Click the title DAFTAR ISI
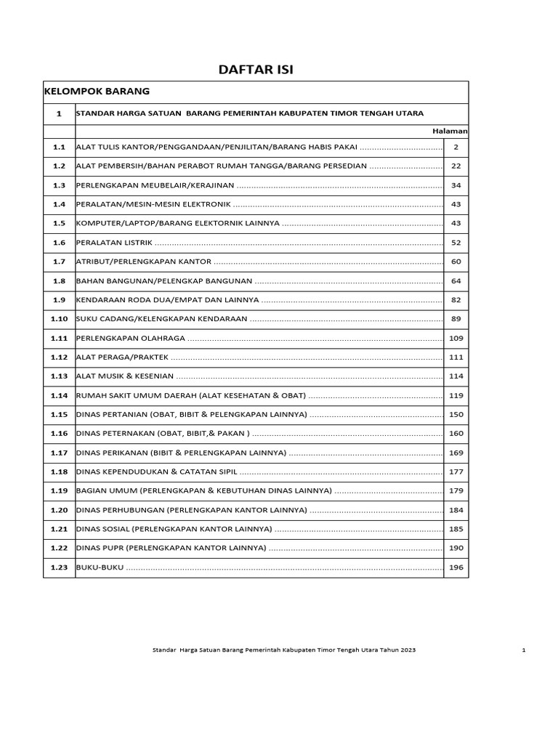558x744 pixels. pos(256,69)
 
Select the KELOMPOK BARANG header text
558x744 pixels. pos(97,92)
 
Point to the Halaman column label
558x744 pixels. pos(450,131)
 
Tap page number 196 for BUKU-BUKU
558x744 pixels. pos(456,567)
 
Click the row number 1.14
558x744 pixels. pos(59,395)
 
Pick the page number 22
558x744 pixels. pos(456,166)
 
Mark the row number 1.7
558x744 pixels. pos(59,262)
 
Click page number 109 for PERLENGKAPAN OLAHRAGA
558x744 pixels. pos(456,338)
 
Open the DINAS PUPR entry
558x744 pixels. pos(171,549)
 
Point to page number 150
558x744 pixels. pos(456,414)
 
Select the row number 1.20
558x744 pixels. pos(59,510)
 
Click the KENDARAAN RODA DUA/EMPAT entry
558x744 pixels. pos(167,300)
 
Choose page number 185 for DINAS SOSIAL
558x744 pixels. pos(456,529)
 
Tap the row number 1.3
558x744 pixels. pos(59,185)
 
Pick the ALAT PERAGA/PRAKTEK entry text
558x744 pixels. pos(122,357)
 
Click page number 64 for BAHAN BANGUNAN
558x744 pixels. pos(456,280)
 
